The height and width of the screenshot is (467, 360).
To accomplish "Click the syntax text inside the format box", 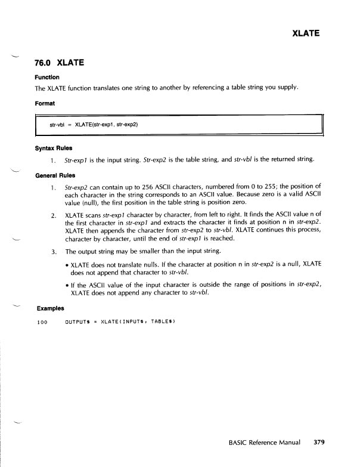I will [x=94, y=125].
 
